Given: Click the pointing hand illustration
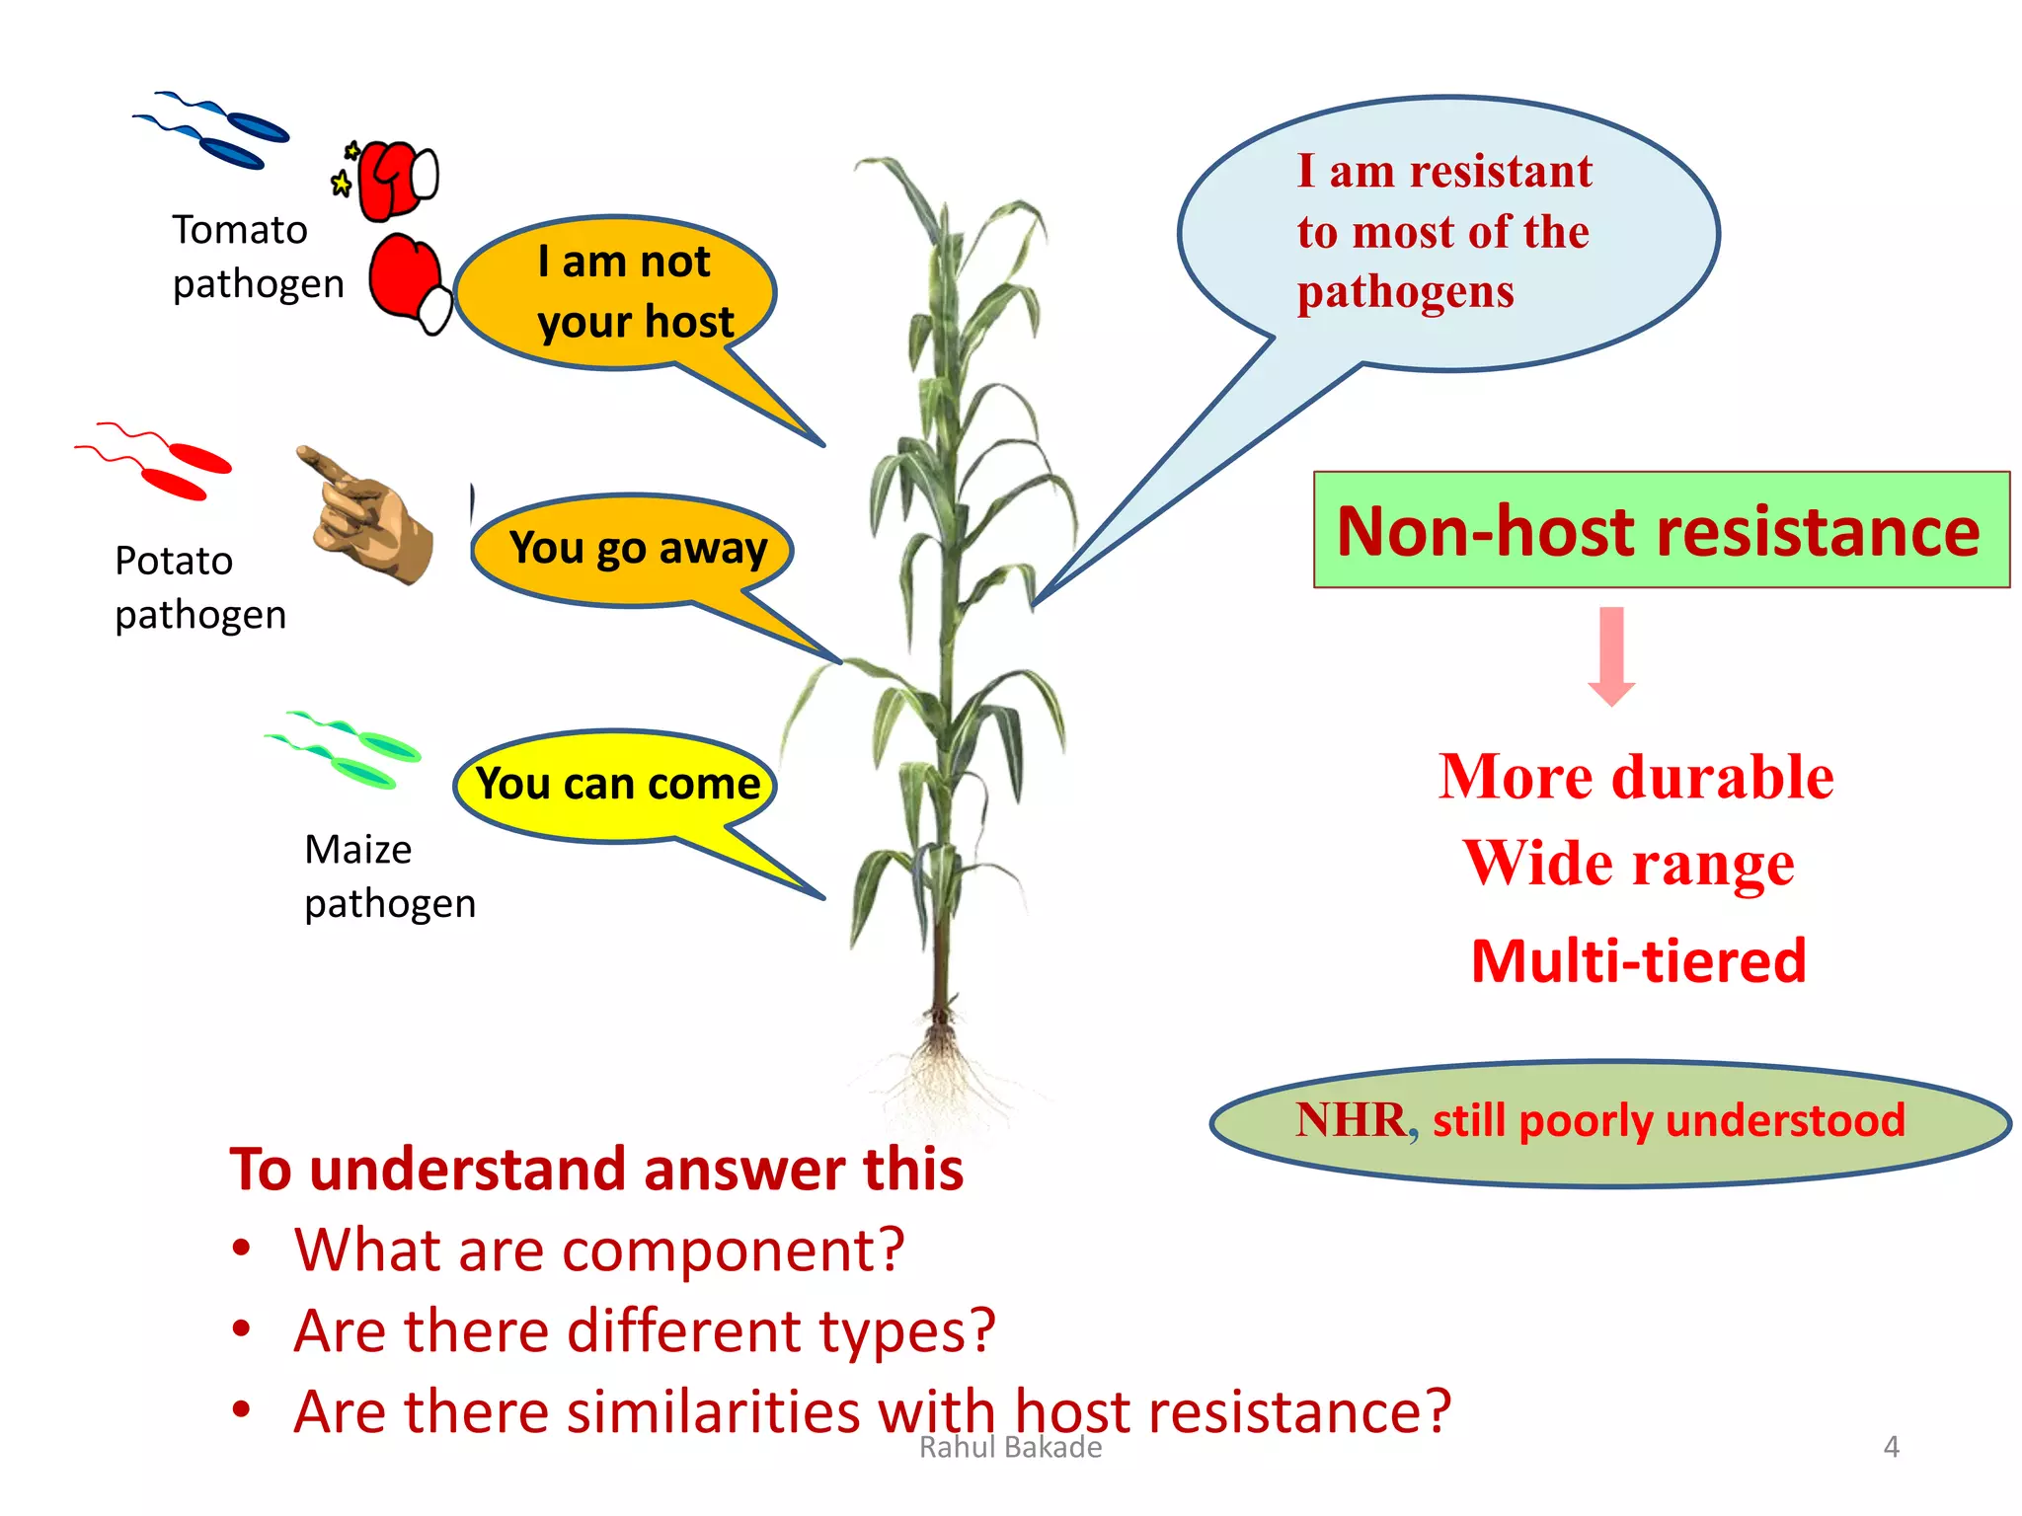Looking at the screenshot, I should [370, 516].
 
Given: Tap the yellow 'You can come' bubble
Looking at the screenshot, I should [617, 785].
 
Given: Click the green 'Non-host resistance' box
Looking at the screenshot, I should [1661, 531].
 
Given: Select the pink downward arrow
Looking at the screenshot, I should [1611, 656].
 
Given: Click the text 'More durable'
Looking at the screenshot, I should [1636, 777].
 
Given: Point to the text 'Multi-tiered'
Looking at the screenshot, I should [1638, 961].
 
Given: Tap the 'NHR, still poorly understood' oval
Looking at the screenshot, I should [1609, 1122].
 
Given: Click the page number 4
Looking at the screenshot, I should [1891, 1447].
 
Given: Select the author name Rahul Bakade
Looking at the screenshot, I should [1010, 1448].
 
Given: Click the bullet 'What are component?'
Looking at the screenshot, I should [598, 1250].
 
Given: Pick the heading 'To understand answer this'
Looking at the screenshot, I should [596, 1170].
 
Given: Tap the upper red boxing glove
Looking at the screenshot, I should [393, 179].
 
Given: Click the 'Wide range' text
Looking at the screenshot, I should [1629, 864].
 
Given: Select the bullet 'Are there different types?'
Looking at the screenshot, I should [644, 1330].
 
